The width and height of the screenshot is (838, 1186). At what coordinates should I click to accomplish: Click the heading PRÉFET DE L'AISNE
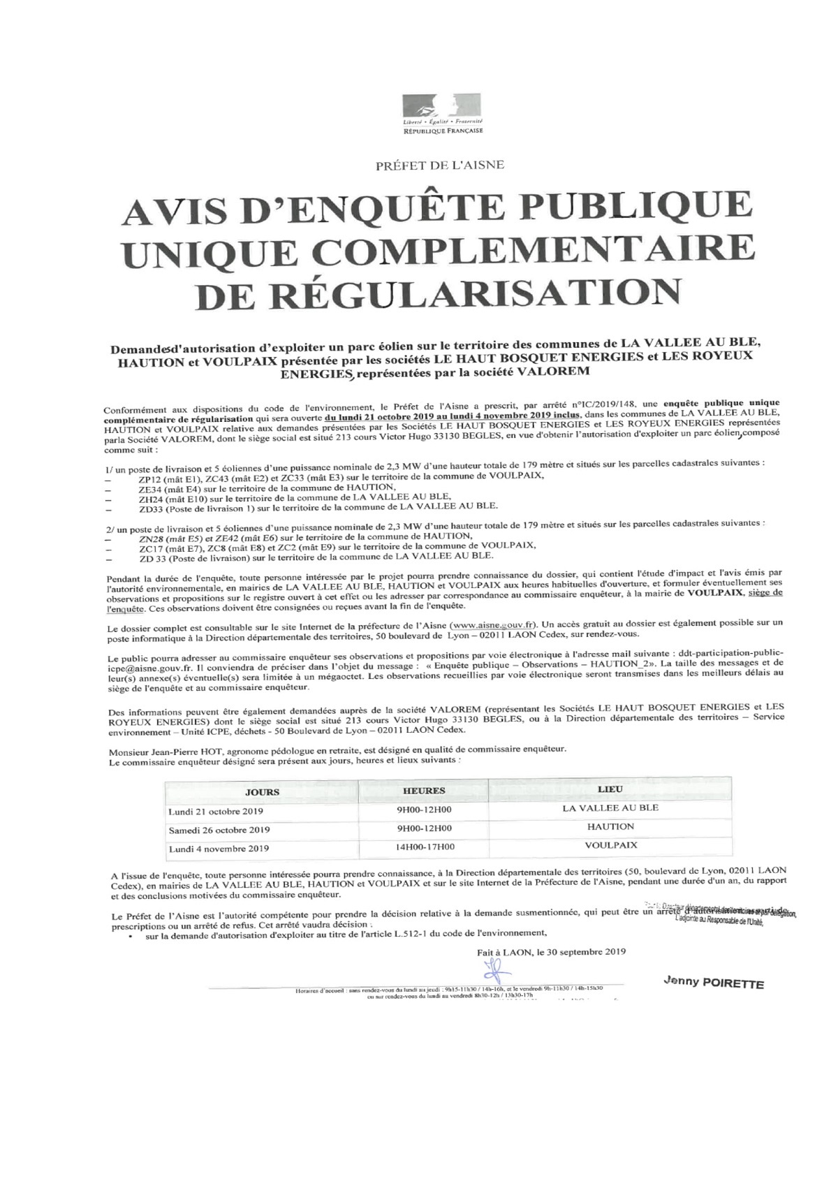(440, 166)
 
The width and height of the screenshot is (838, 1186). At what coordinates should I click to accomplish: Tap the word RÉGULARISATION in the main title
(439, 293)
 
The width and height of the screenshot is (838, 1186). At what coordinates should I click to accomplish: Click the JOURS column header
(262, 792)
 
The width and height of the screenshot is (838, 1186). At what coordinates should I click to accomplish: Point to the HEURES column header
(424, 791)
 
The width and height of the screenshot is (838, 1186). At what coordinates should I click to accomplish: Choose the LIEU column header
(610, 789)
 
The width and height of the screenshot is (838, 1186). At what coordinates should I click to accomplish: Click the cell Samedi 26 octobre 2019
(219, 830)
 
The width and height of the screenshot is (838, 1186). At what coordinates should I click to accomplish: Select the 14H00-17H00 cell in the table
(424, 847)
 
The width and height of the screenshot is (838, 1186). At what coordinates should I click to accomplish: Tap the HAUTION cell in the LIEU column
(611, 826)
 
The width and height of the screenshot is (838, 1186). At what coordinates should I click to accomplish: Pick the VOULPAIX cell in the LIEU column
(611, 845)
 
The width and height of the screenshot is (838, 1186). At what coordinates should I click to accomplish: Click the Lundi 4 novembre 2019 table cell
(219, 849)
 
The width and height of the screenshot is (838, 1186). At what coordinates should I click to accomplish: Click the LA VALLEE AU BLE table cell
(610, 808)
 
